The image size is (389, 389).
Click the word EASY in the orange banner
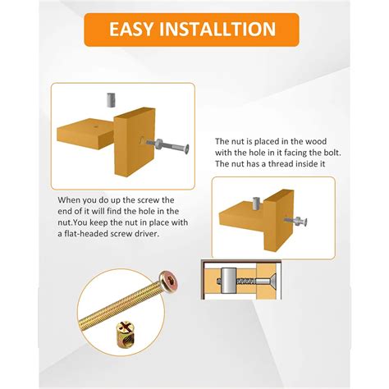135,30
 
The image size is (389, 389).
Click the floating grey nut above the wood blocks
109,101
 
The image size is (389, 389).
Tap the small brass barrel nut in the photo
123,357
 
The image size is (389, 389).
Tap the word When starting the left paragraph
71,199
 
